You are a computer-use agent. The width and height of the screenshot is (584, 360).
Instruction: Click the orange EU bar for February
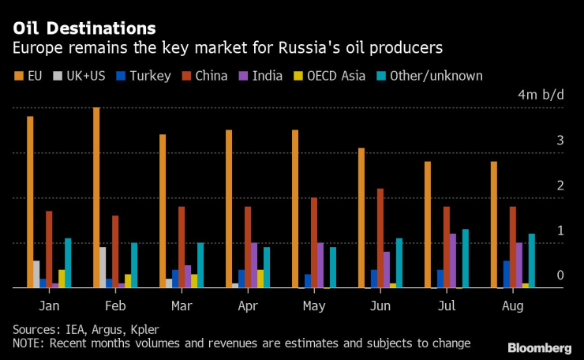[96, 198]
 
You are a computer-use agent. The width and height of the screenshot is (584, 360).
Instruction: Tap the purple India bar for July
[453, 261]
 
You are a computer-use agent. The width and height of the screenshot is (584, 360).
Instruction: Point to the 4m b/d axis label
[541, 95]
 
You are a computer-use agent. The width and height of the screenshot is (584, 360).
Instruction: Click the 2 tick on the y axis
[560, 186]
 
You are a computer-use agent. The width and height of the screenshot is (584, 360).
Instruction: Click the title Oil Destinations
[78, 29]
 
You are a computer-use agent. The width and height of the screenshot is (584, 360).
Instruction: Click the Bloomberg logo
[540, 348]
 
